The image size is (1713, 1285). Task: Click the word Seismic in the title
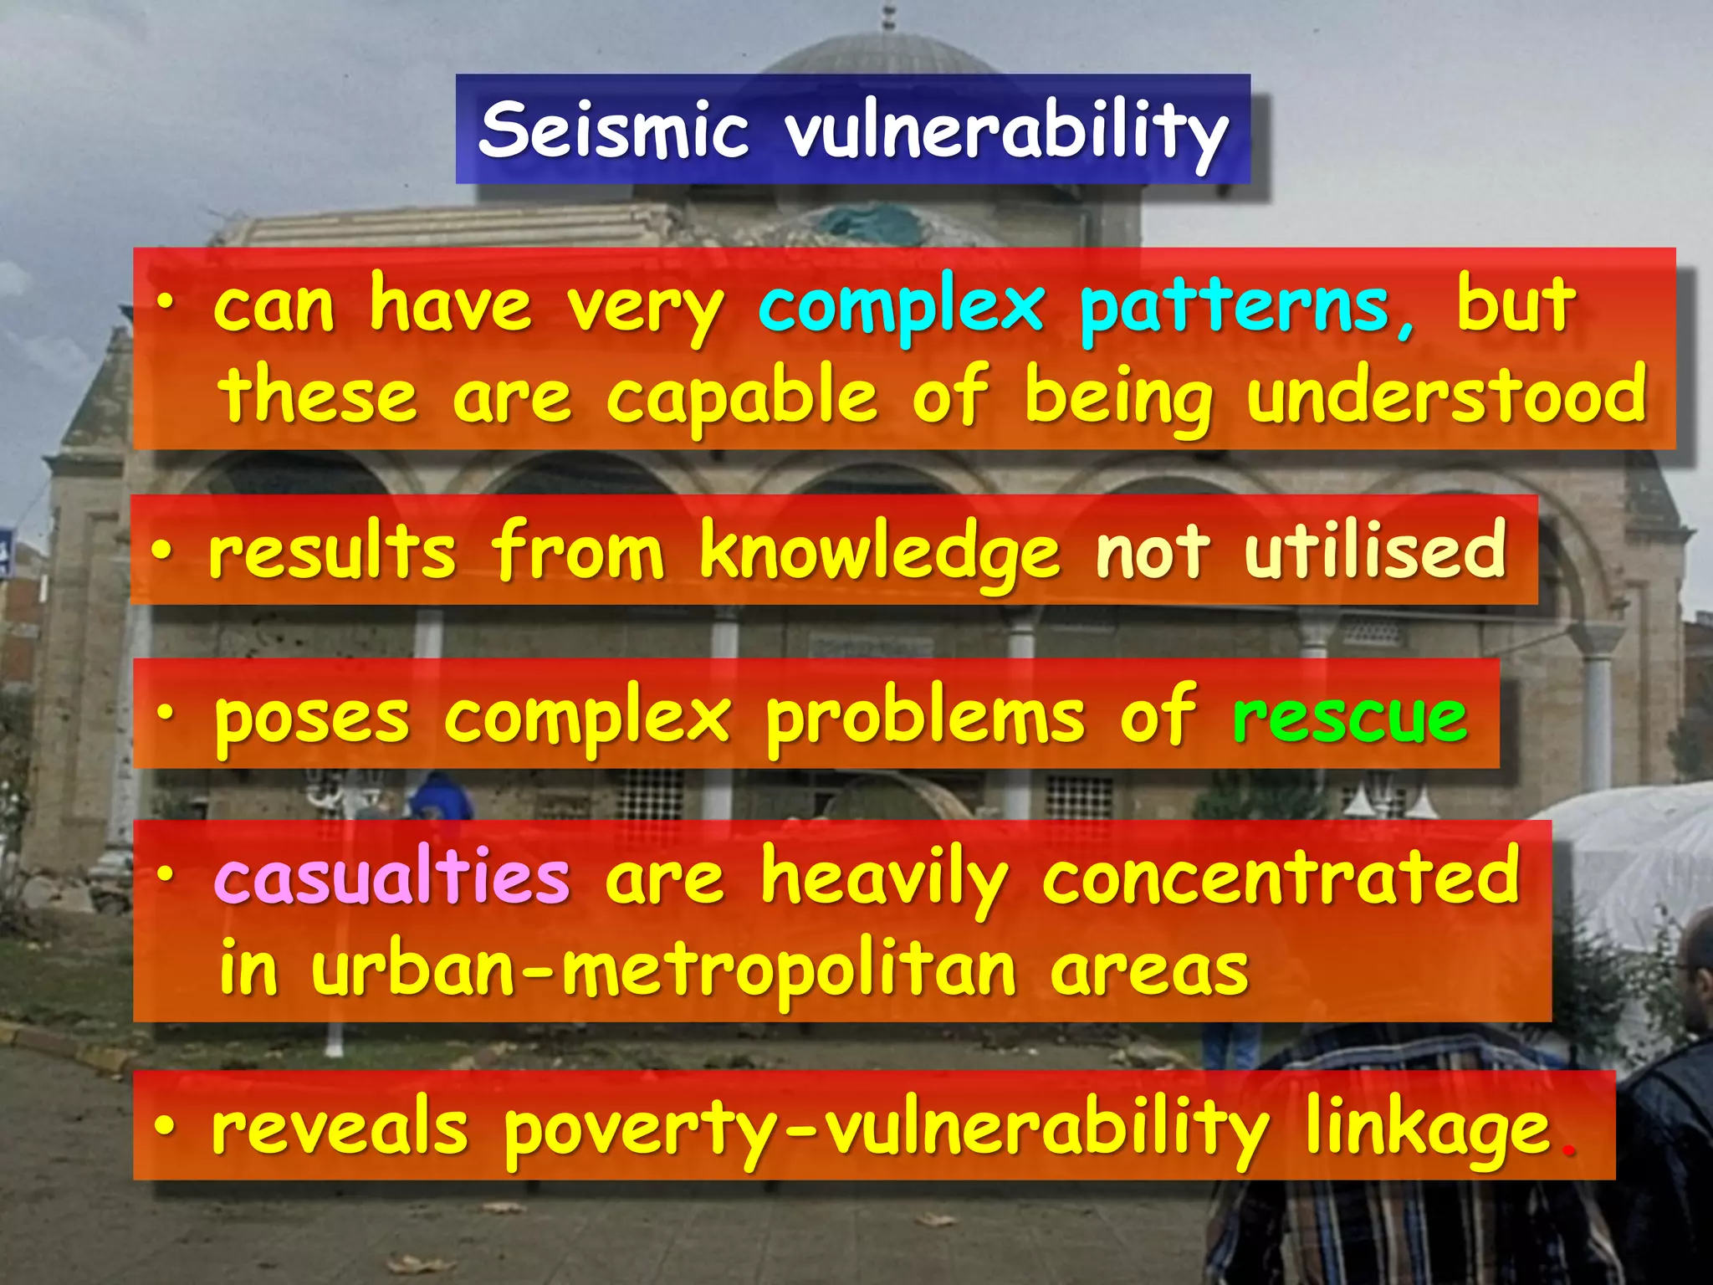coord(613,131)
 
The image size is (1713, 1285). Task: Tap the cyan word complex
coord(902,308)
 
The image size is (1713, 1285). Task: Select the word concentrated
coord(1281,876)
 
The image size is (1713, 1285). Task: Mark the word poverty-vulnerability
coord(887,1131)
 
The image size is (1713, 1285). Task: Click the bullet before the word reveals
coord(165,1127)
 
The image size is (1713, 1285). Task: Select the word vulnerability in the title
coord(1007,132)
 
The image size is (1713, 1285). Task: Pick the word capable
coord(742,397)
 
